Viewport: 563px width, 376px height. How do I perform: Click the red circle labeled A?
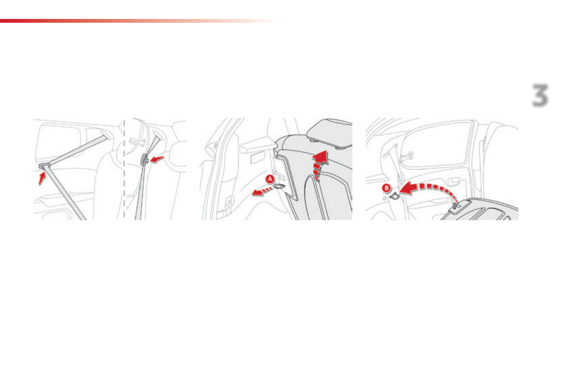269,179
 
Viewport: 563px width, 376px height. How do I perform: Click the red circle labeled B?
387,188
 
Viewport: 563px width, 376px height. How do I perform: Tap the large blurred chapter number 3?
539,96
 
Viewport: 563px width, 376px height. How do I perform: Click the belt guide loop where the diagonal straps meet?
43,166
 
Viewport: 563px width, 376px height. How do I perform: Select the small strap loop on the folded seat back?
456,206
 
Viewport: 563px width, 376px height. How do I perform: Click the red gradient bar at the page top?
118,21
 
